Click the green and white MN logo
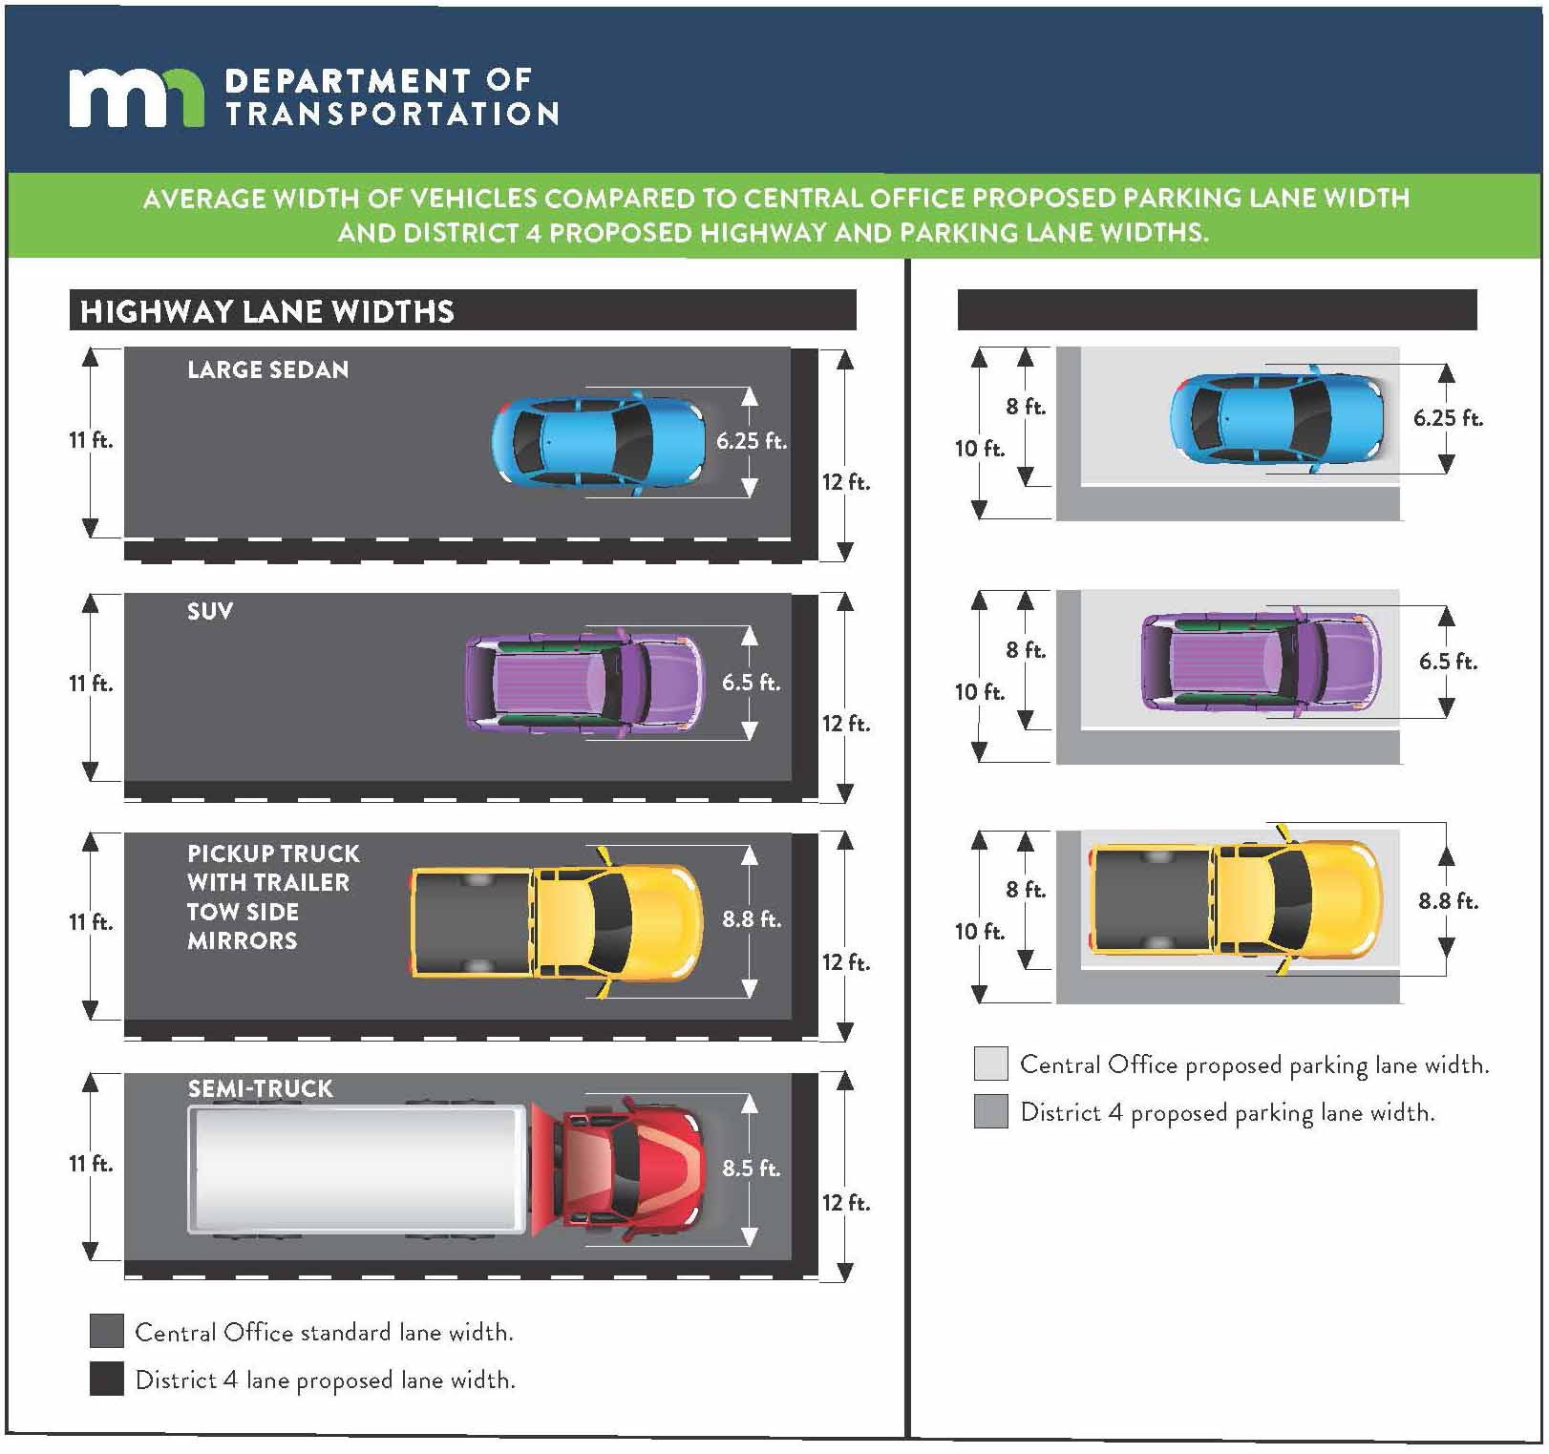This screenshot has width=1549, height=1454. pyautogui.click(x=136, y=97)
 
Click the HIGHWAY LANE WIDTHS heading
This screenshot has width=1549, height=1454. pyautogui.click(x=267, y=312)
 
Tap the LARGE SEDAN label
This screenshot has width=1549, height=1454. pyautogui.click(x=267, y=370)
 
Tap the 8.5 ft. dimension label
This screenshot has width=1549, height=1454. pyautogui.click(x=751, y=1169)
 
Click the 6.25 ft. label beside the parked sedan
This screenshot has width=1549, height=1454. pyautogui.click(x=1448, y=418)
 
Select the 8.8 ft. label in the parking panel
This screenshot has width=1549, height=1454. pyautogui.click(x=1448, y=901)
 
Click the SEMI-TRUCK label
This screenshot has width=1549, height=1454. pyautogui.click(x=260, y=1089)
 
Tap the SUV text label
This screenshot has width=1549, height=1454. pyautogui.click(x=210, y=612)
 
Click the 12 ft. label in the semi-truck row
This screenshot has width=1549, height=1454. pyautogui.click(x=846, y=1203)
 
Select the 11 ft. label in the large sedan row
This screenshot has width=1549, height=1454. pyautogui.click(x=91, y=441)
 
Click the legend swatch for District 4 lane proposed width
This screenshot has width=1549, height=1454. pyautogui.click(x=107, y=1379)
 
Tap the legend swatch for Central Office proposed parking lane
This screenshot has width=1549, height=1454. pyautogui.click(x=991, y=1064)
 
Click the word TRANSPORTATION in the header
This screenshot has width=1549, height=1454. pyautogui.click(x=392, y=115)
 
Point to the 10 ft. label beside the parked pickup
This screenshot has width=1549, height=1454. pyautogui.click(x=980, y=932)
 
